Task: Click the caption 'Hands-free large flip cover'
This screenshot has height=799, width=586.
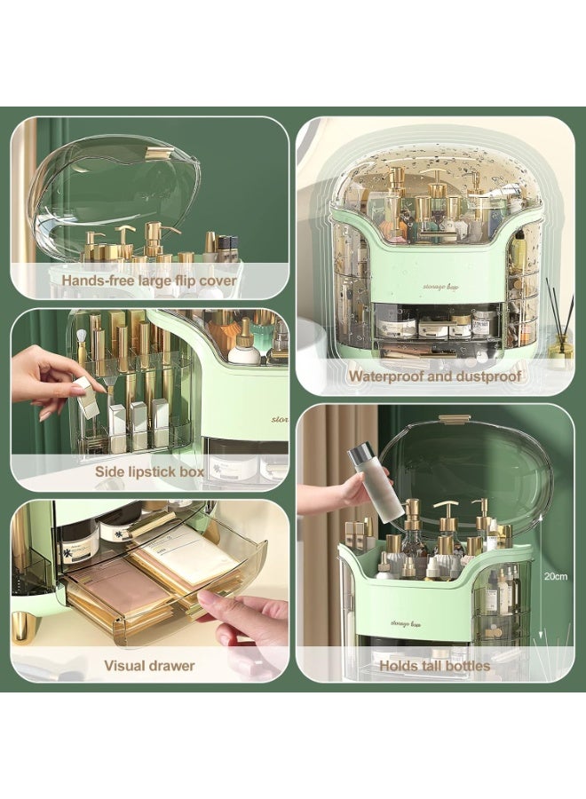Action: pyautogui.click(x=149, y=281)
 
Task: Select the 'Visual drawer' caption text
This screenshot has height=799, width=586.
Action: pyautogui.click(x=149, y=665)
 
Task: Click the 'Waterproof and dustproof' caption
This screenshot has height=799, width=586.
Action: pyautogui.click(x=434, y=376)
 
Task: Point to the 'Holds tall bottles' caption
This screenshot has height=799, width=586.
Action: pyautogui.click(x=435, y=665)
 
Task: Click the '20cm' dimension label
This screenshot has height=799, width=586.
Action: pyautogui.click(x=556, y=575)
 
